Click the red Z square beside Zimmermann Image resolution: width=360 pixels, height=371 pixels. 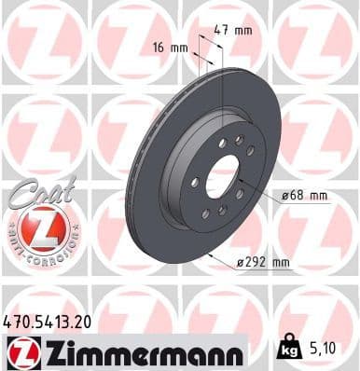point(21,352)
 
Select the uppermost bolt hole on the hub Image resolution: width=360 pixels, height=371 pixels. point(240,140)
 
